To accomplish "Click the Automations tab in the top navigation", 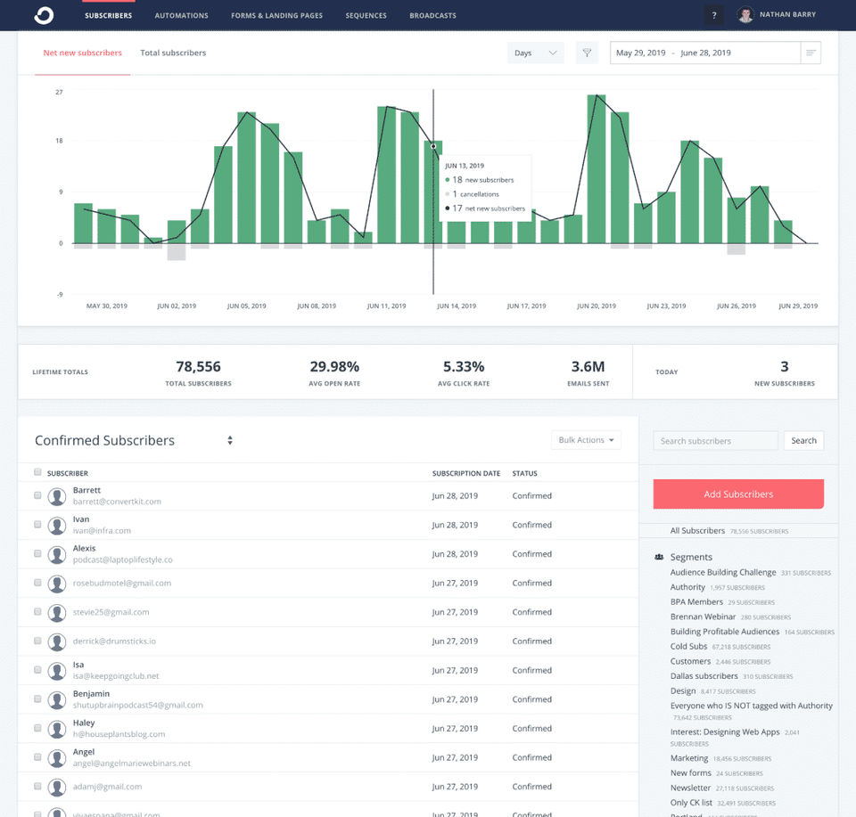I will [x=181, y=15].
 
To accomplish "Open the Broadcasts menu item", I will [x=432, y=15].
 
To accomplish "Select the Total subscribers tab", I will [x=173, y=53].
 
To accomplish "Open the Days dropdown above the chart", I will [x=535, y=53].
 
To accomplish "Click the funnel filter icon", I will [x=587, y=53].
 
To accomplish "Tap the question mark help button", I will [x=713, y=15].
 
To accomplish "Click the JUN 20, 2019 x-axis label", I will [x=597, y=306].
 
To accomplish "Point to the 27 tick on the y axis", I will [x=59, y=92].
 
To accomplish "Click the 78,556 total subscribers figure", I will [x=198, y=366].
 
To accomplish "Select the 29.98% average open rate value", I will [x=334, y=366].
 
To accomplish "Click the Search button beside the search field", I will [x=803, y=441].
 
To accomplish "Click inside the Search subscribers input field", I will [x=715, y=441].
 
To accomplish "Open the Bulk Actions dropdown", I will [x=586, y=440].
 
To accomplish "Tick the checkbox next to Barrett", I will [x=37, y=495].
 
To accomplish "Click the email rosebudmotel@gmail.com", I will [x=122, y=583].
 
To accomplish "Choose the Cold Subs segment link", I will [x=688, y=646].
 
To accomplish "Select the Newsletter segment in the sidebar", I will [x=690, y=788].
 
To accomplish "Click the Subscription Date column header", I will [x=465, y=473].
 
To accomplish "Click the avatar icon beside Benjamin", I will [x=58, y=699].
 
